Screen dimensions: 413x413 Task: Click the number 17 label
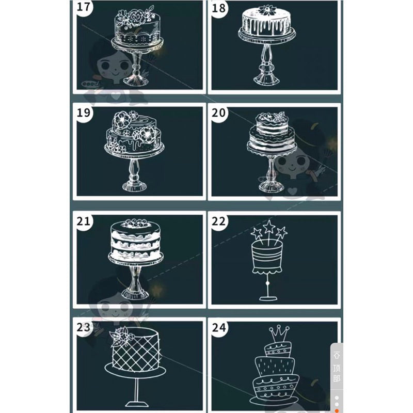pos(84,7)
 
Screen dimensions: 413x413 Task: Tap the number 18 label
pos(218,8)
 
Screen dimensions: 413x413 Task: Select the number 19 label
pos(84,113)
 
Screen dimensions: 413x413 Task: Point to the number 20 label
pos(218,113)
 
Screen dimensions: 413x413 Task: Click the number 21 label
pos(84,221)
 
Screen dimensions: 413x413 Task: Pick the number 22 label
pos(218,221)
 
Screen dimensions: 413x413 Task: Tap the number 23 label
pos(84,327)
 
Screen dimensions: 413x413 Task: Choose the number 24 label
pos(218,327)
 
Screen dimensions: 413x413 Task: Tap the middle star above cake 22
pos(269,227)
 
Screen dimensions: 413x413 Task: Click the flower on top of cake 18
pos(267,10)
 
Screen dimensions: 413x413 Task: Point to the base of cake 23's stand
pos(137,404)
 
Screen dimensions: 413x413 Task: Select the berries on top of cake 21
pos(135,223)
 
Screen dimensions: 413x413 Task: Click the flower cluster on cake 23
pos(121,336)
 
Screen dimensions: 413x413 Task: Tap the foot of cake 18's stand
pos(266,79)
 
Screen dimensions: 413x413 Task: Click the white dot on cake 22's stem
pos(268,283)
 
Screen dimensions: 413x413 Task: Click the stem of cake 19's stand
pos(134,170)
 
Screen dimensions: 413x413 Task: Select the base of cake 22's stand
pos(268,298)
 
